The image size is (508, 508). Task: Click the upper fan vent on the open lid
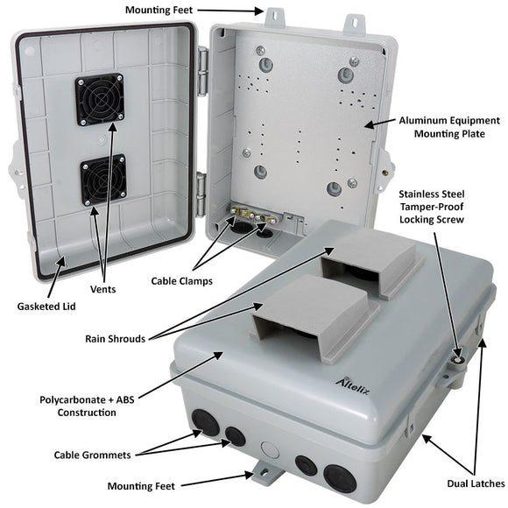(x=98, y=99)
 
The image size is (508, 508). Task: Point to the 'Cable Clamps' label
(x=181, y=281)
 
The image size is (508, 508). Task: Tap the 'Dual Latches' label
(x=474, y=483)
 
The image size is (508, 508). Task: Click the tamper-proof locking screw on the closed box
(x=456, y=357)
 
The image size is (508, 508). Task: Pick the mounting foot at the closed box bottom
(x=264, y=474)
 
